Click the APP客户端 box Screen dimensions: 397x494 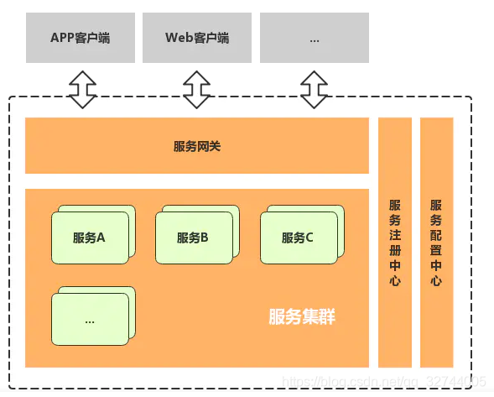(x=80, y=38)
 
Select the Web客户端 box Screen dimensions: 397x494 (x=197, y=38)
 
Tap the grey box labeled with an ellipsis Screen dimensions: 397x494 (x=314, y=38)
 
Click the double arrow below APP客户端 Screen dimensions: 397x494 (x=82, y=89)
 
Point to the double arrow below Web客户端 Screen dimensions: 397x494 (x=197, y=89)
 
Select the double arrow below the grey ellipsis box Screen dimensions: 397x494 (x=315, y=89)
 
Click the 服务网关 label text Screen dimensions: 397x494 (x=197, y=146)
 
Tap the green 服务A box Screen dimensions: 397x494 (x=90, y=237)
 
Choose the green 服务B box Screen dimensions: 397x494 (x=193, y=237)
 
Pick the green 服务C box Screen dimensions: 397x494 (x=297, y=237)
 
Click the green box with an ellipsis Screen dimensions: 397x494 (x=90, y=319)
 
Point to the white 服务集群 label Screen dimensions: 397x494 (x=302, y=317)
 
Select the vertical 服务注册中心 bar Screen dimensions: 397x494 (x=395, y=243)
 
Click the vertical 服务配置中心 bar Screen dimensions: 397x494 (x=436, y=243)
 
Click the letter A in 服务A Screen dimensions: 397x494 (x=101, y=238)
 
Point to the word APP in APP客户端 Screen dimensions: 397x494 (x=63, y=38)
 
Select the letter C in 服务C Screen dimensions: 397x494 (x=309, y=238)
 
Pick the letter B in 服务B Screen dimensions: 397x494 (x=205, y=238)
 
